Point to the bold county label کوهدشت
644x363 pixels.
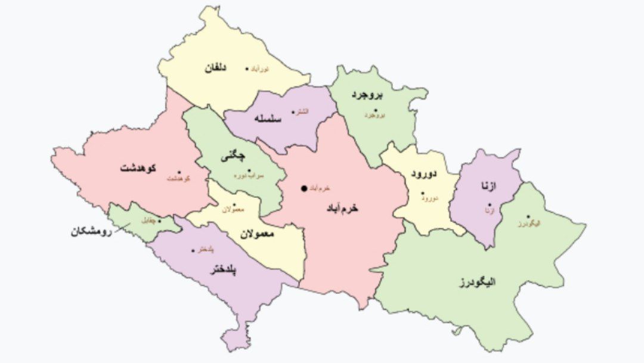pyautogui.click(x=138, y=167)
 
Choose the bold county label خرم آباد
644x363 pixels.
pyautogui.click(x=343, y=208)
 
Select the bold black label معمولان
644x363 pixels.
pyautogui.click(x=257, y=234)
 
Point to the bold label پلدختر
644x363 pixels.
pyautogui.click(x=224, y=271)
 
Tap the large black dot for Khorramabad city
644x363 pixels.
pyautogui.click(x=304, y=188)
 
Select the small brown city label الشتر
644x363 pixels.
pyautogui.click(x=303, y=112)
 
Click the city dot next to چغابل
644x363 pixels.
pyautogui.click(x=159, y=221)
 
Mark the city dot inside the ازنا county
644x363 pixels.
pyautogui.click(x=490, y=204)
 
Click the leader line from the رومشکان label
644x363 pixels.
pyautogui.click(x=123, y=229)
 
